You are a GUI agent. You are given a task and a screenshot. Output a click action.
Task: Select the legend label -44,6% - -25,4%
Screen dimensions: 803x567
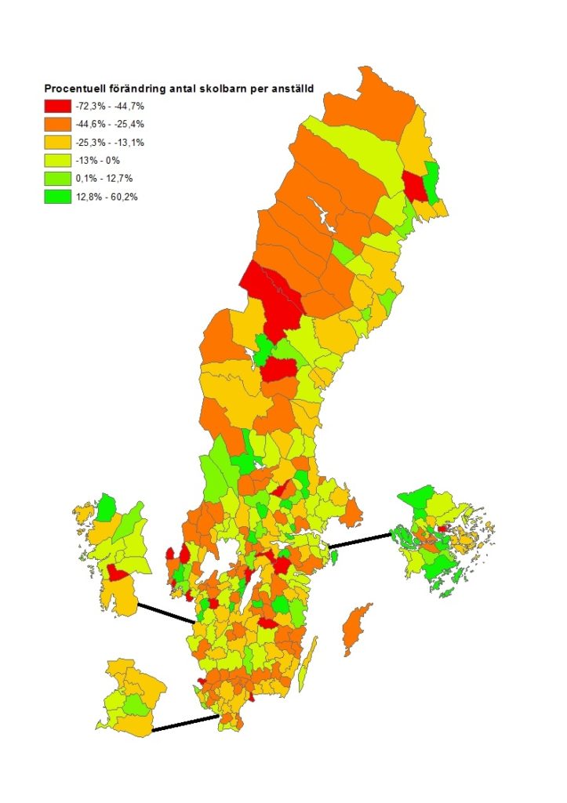point(116,124)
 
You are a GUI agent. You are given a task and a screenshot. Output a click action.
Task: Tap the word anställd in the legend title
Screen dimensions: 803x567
point(293,89)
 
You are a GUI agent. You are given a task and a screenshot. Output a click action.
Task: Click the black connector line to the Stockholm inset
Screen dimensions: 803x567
point(358,540)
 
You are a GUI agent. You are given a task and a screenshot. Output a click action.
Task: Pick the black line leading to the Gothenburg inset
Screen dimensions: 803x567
point(165,612)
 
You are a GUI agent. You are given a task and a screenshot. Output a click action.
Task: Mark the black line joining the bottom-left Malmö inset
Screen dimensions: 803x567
point(185,723)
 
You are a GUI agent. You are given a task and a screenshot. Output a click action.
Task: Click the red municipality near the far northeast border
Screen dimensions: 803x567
point(412,186)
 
